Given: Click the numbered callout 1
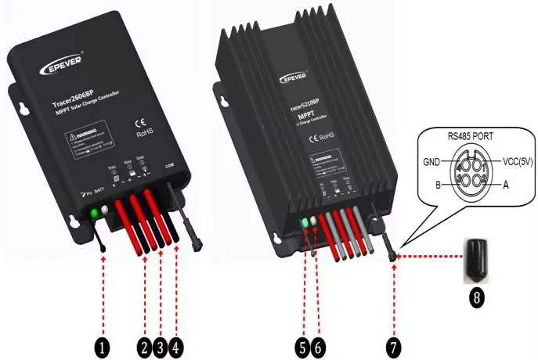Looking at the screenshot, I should [103, 344].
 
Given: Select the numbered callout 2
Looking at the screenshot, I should [143, 344].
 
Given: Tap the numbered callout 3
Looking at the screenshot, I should [161, 344].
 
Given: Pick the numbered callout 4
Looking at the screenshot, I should [178, 344].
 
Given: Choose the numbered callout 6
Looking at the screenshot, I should [317, 344].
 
